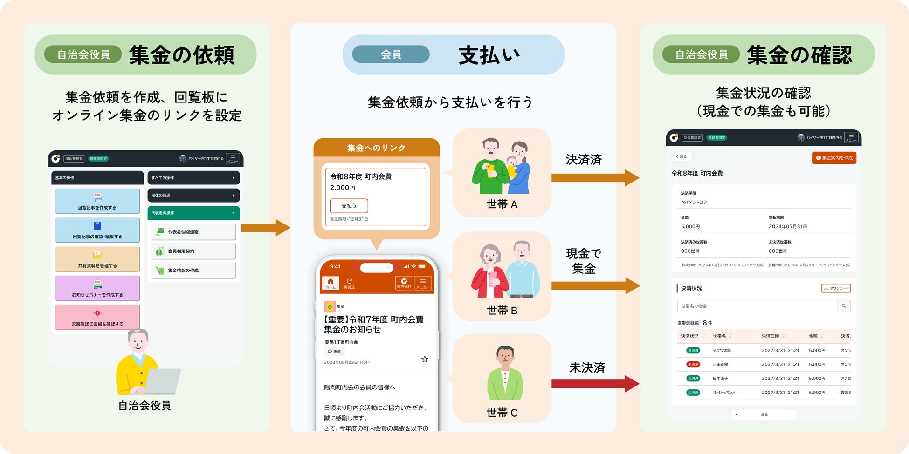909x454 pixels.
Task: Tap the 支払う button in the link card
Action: [x=349, y=206]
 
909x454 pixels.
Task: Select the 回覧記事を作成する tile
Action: [x=97, y=201]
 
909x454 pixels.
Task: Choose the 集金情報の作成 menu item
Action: [x=193, y=271]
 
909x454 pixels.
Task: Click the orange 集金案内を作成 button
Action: [x=834, y=158]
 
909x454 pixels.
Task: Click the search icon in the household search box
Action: [x=844, y=306]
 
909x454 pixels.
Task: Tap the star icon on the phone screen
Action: [x=425, y=359]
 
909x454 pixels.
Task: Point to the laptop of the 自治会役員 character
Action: [x=163, y=381]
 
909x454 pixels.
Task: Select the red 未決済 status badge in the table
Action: [x=693, y=365]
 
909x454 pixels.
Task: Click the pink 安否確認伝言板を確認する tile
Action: [x=97, y=318]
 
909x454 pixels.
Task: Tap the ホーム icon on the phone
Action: [x=331, y=283]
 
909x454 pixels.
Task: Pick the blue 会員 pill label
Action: [x=391, y=54]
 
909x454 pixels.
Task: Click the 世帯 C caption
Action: [x=502, y=413]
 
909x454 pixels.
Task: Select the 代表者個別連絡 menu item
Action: [x=193, y=232]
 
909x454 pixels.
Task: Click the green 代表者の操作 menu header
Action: [x=193, y=213]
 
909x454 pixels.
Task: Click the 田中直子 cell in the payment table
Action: [x=720, y=379]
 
